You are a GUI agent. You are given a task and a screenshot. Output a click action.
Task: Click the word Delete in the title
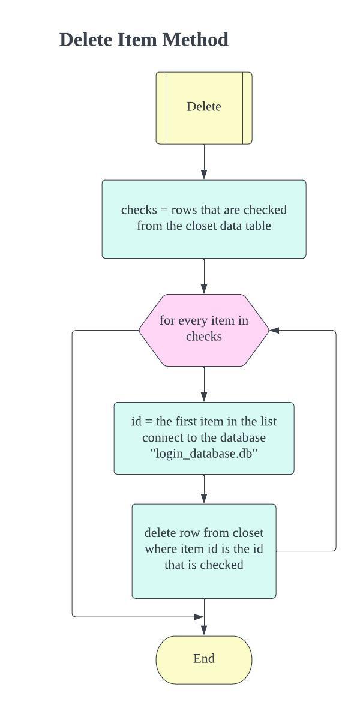point(86,40)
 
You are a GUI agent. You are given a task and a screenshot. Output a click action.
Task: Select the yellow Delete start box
point(204,108)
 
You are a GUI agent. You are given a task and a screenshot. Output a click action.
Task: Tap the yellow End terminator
point(204,659)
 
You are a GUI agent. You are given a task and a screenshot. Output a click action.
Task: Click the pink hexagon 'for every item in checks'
point(204,329)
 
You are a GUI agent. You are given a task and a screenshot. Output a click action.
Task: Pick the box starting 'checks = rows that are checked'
point(204,218)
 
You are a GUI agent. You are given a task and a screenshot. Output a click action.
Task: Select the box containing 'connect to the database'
point(204,438)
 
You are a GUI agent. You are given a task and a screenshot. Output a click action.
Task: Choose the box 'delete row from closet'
point(204,550)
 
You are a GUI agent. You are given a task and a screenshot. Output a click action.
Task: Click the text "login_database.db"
point(204,454)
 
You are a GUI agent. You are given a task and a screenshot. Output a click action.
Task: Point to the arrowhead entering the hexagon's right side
point(274,330)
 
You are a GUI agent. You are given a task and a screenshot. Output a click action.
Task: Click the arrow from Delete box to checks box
point(204,162)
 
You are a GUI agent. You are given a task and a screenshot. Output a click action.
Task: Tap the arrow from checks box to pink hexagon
point(204,277)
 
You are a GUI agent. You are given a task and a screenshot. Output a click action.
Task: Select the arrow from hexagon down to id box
point(204,384)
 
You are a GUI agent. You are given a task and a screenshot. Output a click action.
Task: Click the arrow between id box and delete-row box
point(204,489)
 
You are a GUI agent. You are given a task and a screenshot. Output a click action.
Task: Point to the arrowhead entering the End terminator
point(204,630)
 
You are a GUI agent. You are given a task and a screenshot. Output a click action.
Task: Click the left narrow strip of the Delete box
point(161,108)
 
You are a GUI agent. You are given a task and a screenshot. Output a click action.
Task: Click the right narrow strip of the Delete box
point(247,108)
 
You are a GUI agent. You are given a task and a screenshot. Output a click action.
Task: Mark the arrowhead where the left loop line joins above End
point(199,616)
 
